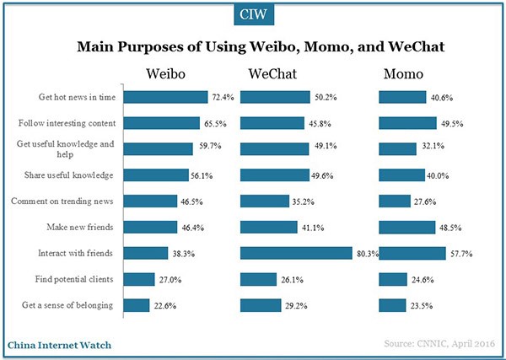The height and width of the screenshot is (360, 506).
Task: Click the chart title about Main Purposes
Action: pos(253,47)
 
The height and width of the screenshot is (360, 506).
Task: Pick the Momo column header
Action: pos(403,74)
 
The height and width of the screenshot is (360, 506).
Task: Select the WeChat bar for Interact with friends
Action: pos(295,252)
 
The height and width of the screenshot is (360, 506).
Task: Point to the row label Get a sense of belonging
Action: pos(77,304)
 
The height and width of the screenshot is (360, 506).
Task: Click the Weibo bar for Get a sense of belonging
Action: pos(137,304)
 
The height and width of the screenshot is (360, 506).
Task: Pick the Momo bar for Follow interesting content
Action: pos(407,123)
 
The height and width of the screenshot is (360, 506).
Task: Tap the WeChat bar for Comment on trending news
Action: pos(265,201)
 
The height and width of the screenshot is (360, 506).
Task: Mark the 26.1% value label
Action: pos(291,278)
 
